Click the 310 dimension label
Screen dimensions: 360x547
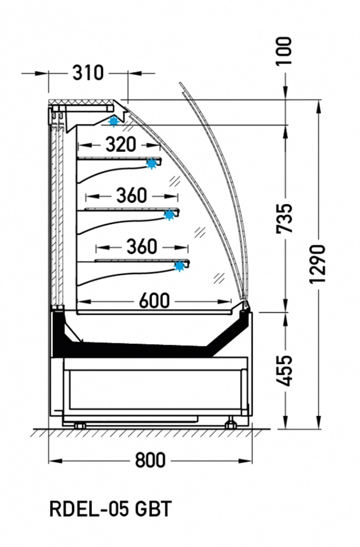[88, 73]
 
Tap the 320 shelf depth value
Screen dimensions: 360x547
[120, 144]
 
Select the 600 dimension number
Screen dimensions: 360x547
[154, 301]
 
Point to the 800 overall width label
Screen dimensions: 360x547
[150, 460]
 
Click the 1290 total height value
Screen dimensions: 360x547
[318, 264]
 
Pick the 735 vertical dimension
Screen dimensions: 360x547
[284, 218]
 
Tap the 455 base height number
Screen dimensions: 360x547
[284, 371]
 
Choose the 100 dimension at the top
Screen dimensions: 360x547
[284, 51]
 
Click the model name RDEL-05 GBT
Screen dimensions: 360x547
[111, 509]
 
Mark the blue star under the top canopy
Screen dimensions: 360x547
[113, 121]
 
